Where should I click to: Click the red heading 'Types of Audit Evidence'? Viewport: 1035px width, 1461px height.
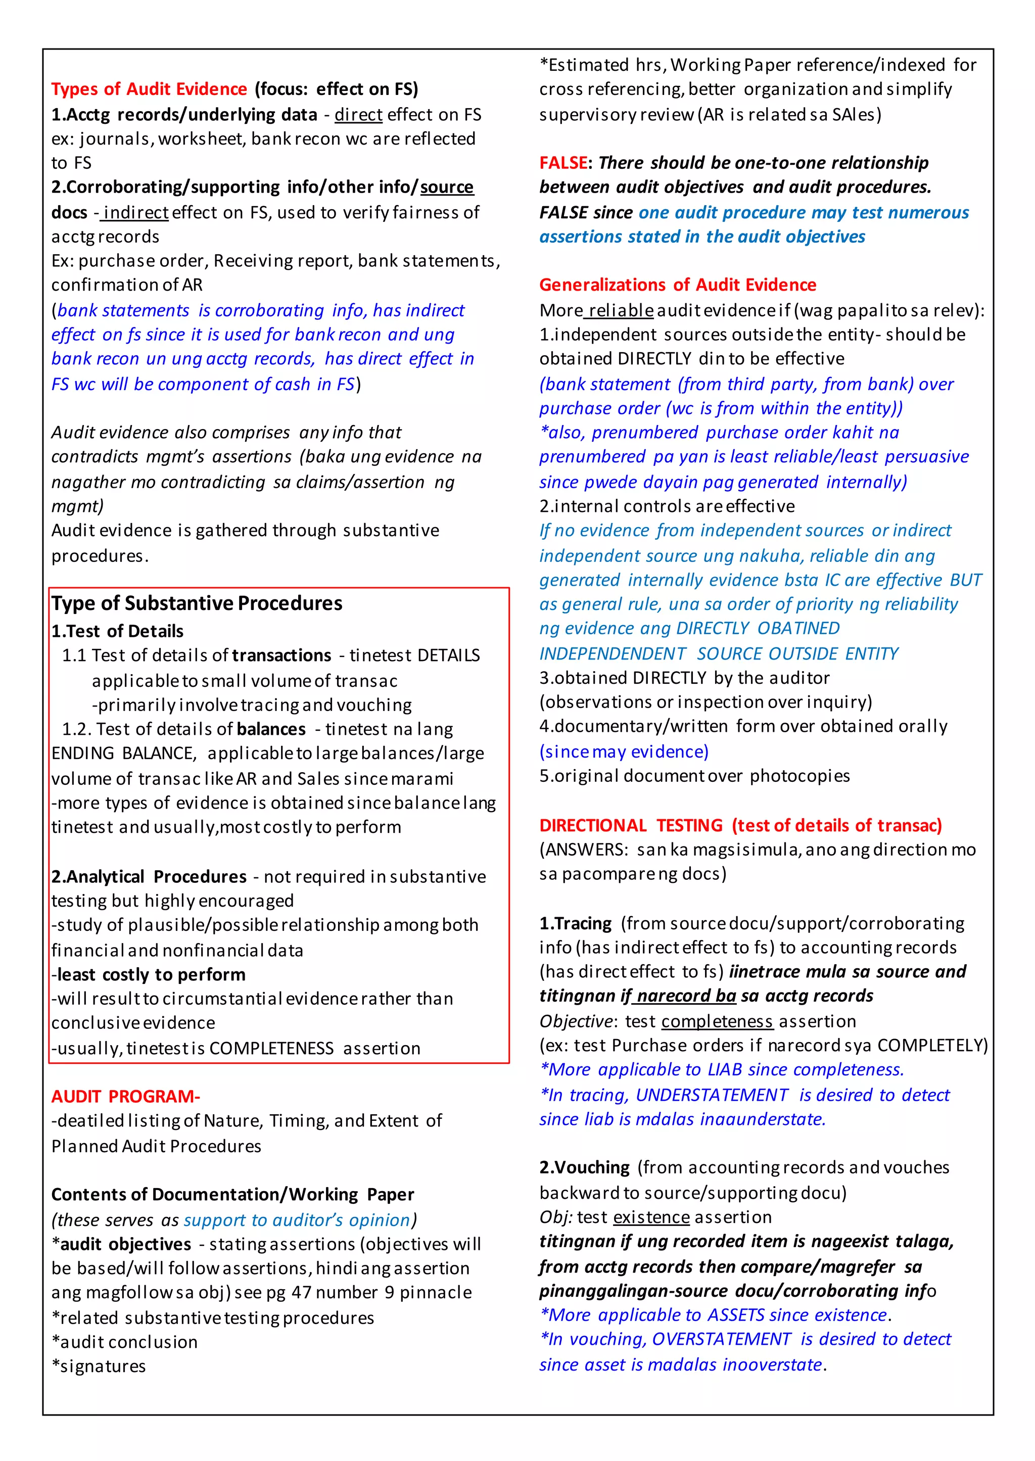(x=149, y=89)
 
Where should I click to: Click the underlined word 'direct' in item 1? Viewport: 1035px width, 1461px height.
(x=358, y=115)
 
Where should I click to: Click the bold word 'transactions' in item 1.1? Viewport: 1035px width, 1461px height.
(x=281, y=655)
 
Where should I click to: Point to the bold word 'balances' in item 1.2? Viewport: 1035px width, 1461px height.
(x=271, y=729)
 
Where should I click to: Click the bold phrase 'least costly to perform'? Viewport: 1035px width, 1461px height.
(x=151, y=974)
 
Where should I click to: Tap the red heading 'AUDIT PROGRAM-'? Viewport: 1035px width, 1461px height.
(x=125, y=1097)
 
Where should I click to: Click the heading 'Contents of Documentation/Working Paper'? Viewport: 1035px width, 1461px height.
(x=232, y=1194)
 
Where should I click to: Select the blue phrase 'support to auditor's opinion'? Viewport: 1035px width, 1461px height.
(x=297, y=1219)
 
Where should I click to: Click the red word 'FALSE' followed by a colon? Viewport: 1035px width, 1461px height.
(x=563, y=163)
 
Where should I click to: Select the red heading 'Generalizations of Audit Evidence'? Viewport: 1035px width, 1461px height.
(x=678, y=285)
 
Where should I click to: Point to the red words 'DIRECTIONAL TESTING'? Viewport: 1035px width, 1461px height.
(x=630, y=825)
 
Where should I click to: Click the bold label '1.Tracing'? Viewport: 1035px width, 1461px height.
(x=575, y=923)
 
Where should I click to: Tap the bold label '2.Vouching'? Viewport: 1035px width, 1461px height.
(x=584, y=1167)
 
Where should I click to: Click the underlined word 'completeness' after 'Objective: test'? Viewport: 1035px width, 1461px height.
(x=717, y=1021)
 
